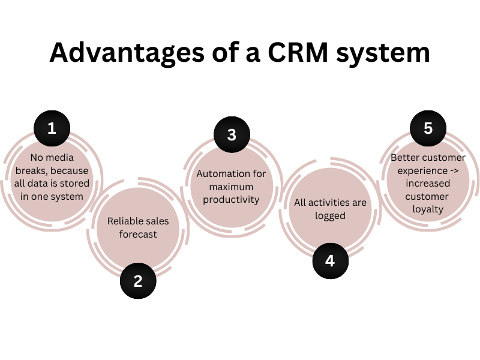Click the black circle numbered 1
coord(52,128)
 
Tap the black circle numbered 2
coord(138,280)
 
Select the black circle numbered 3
coord(232,134)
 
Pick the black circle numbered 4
coord(330,261)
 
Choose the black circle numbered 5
coord(428,128)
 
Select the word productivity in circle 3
coord(232,199)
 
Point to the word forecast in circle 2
coord(138,234)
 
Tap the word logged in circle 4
coord(330,215)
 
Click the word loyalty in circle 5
coord(428,209)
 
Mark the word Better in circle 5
coord(404,158)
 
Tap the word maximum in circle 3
coord(232,187)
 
